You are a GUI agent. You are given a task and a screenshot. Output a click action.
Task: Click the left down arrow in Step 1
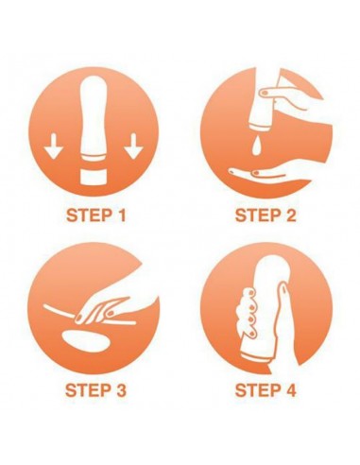coord(53,146)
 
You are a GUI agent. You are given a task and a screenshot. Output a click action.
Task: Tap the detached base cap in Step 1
coord(93,177)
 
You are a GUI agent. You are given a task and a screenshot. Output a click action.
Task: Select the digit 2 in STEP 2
coord(290,215)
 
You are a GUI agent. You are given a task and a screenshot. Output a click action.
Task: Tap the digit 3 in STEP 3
coord(120,390)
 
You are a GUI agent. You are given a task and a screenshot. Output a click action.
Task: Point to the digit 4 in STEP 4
coord(290,390)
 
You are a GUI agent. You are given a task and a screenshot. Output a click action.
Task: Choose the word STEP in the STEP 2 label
coord(257,215)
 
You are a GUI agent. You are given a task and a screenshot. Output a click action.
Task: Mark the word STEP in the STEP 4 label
coord(257,390)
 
